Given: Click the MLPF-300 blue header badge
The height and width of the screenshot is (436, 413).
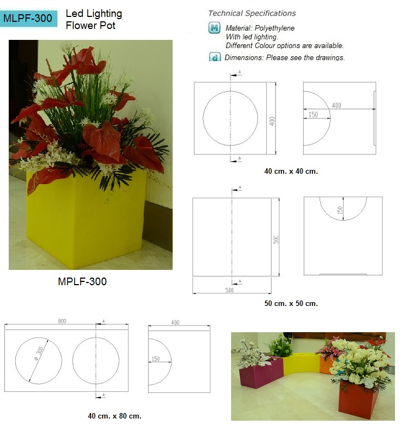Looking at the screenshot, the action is coord(28,19).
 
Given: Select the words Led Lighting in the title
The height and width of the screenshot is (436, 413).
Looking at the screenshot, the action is coord(94,14).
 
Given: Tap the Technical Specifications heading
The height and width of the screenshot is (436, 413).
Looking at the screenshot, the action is coord(252,13).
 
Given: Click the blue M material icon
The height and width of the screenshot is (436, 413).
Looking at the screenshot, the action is coord(215,28).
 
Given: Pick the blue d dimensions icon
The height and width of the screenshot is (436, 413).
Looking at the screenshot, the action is coord(215,57).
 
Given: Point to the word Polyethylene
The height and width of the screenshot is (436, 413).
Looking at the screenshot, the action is coord(274,28).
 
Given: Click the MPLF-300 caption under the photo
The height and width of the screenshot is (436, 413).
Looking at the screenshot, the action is coord(82,281).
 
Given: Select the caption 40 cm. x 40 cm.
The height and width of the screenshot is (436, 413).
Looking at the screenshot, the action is coord(291,172).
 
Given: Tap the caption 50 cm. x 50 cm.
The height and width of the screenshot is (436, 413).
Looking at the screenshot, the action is coord(291,303).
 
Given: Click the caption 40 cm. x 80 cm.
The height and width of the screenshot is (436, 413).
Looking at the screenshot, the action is coord(115,416).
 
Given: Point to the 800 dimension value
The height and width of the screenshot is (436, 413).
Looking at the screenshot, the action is coord(62,321).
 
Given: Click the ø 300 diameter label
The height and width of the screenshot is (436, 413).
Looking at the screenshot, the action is coord(39,354).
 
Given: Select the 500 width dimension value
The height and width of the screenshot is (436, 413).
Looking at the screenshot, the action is coord(229,290).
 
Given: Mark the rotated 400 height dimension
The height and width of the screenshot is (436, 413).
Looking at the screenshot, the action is coord(272,121).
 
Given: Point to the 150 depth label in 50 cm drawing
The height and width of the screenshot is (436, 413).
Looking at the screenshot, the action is coord(340,210).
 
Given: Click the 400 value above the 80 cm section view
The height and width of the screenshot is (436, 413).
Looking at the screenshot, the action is coord(175,322).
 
